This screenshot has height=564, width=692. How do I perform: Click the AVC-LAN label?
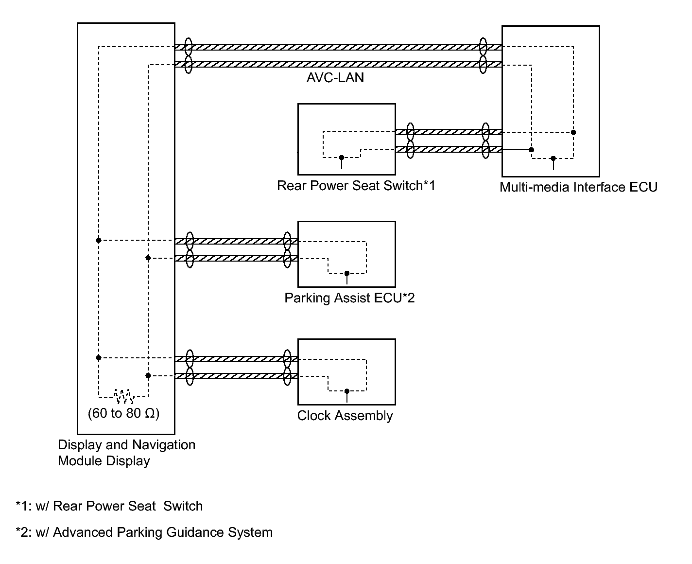pos(335,78)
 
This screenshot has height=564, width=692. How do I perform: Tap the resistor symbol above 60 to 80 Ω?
pos(124,396)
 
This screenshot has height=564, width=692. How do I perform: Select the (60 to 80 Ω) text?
pos(123,414)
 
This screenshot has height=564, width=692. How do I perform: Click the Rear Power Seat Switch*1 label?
pos(356,186)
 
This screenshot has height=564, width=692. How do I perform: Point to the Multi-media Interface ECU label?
pos(578,187)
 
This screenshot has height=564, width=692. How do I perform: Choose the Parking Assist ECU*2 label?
pos(349,298)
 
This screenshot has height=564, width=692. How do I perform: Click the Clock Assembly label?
pos(345,416)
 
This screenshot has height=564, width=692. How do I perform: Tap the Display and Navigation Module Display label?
pos(126,453)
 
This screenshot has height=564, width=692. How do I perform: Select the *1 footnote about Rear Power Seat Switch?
pos(109,506)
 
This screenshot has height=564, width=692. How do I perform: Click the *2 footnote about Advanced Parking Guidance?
pos(144,532)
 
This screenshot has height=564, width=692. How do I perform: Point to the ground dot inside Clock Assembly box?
pos(346,391)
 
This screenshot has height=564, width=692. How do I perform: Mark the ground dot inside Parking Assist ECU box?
pos(346,273)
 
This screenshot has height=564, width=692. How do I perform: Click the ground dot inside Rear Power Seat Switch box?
pos(342,158)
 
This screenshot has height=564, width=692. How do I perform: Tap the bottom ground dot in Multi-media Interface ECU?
pos(553,159)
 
